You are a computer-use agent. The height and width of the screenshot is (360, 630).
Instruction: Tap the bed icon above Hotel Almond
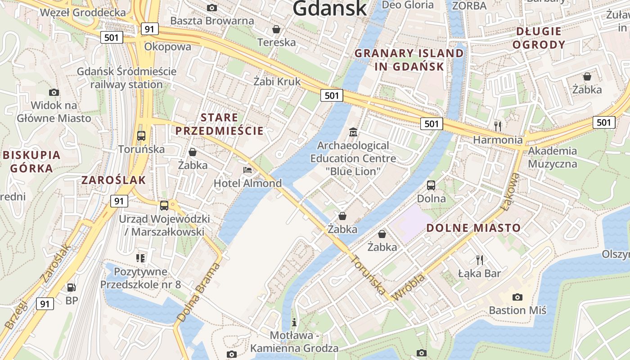[247, 170]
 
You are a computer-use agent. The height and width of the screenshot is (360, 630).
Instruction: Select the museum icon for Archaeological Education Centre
[353, 132]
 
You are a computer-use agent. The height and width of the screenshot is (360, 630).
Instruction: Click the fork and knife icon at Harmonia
[498, 126]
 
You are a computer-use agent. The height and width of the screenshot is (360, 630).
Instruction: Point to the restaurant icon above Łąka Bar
[480, 260]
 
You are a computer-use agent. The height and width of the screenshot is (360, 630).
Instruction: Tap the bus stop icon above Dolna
[431, 185]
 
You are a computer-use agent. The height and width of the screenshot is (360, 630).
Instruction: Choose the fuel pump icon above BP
[71, 287]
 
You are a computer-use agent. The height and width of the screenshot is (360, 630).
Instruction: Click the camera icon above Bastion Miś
[517, 297]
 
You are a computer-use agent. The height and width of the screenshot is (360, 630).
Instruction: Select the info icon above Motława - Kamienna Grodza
[294, 322]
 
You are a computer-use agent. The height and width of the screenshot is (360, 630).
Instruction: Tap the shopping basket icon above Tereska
[276, 29]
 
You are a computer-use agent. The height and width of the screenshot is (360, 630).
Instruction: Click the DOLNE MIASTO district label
[473, 228]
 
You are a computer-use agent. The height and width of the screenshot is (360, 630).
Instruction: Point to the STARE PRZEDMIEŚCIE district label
[219, 125]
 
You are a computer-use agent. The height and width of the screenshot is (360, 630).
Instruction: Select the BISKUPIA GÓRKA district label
[31, 162]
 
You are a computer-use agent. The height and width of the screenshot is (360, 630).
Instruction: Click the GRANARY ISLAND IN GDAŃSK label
[409, 60]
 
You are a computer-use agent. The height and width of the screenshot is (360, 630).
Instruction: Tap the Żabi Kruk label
[277, 81]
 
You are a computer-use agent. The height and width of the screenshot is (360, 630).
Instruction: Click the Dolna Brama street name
[198, 292]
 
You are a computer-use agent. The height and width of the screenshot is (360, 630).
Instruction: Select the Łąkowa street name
[511, 191]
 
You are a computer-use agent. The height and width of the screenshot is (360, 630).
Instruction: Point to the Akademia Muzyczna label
[552, 157]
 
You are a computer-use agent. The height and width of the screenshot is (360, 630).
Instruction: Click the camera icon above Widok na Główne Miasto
[54, 93]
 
